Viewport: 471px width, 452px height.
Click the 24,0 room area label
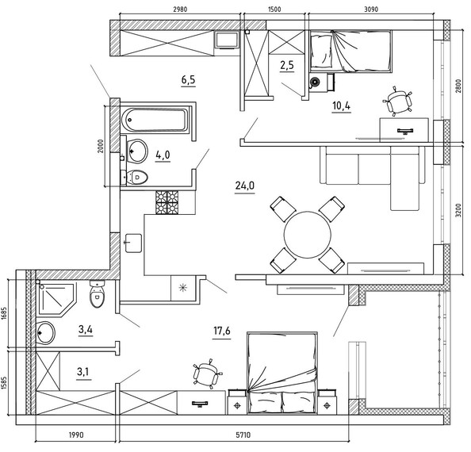point(245,186)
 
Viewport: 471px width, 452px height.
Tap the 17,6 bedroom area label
point(222,331)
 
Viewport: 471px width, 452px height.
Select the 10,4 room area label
point(342,105)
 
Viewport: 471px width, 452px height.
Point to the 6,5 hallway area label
point(189,80)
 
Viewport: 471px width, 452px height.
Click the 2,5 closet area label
point(287,65)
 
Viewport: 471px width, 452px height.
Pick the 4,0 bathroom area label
point(163,155)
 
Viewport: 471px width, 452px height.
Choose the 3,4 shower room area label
point(86,329)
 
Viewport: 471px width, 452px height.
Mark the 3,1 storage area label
point(83,372)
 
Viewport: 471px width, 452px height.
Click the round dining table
point(308,235)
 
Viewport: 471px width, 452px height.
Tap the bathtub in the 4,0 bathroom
point(155,120)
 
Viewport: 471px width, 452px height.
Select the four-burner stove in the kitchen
point(167,202)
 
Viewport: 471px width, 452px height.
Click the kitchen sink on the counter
point(133,243)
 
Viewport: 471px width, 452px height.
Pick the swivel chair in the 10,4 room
point(397,101)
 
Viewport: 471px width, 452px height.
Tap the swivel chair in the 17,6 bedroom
point(208,373)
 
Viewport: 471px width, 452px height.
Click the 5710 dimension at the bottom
point(243,435)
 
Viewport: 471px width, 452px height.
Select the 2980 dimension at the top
point(180,10)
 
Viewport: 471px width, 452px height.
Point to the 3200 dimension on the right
point(458,210)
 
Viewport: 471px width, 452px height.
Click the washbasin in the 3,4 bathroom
point(46,333)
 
